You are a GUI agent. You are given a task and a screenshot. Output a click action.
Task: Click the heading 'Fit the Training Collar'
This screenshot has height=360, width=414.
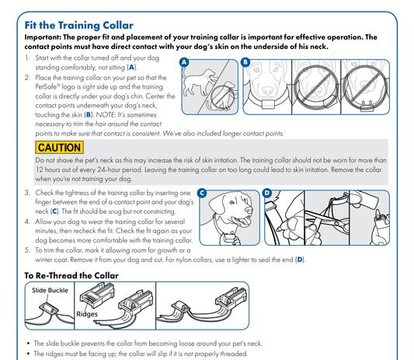tap(78, 26)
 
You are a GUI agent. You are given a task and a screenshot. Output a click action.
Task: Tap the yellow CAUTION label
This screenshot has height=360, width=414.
tap(59, 147)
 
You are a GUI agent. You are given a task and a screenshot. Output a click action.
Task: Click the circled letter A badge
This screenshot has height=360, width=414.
tap(184, 63)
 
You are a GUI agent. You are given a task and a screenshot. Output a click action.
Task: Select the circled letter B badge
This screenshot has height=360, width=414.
tap(245, 62)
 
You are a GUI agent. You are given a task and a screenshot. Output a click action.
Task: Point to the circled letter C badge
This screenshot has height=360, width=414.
tap(202, 193)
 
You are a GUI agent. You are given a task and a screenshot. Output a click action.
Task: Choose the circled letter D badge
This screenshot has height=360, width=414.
tap(267, 193)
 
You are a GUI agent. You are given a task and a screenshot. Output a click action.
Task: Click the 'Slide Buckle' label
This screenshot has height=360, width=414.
tap(50, 290)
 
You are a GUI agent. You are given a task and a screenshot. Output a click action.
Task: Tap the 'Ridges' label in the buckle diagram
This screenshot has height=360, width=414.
tap(87, 314)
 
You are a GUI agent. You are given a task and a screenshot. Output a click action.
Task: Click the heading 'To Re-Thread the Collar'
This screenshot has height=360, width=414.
tap(71, 275)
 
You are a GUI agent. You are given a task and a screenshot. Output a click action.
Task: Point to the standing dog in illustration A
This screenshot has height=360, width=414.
tap(199, 82)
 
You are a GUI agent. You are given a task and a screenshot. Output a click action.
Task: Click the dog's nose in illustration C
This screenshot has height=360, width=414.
tap(249, 210)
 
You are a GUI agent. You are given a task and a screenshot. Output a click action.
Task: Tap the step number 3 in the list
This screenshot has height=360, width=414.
tap(27, 193)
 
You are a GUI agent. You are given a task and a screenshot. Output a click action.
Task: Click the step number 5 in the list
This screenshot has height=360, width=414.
tap(27, 250)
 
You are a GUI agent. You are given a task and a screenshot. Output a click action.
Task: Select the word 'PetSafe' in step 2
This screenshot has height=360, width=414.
tap(46, 87)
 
